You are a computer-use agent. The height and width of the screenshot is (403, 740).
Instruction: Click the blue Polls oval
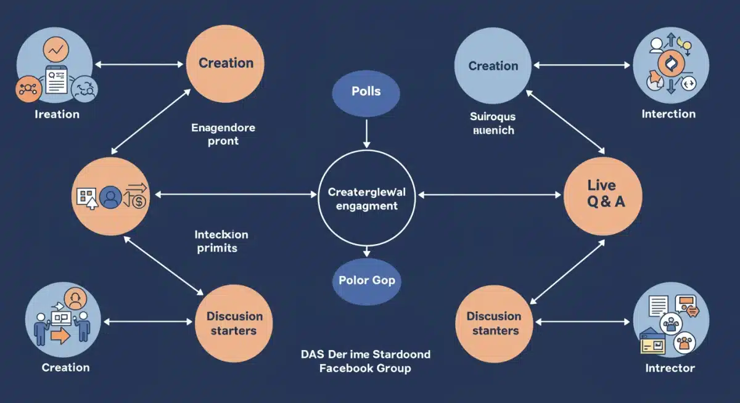pyautogui.click(x=366, y=92)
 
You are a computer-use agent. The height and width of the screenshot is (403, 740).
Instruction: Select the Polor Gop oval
pyautogui.click(x=367, y=280)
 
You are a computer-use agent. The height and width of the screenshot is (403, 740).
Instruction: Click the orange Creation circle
pyautogui.click(x=225, y=63)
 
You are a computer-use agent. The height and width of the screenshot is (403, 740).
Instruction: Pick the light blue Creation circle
pyautogui.click(x=493, y=65)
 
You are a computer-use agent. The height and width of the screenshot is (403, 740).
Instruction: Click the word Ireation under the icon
pyautogui.click(x=57, y=114)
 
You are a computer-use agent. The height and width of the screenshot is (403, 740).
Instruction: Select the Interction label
pyautogui.click(x=668, y=114)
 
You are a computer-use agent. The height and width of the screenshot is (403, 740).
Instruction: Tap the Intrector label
pyautogui.click(x=670, y=368)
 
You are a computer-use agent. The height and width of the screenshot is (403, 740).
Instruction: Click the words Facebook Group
pyautogui.click(x=365, y=368)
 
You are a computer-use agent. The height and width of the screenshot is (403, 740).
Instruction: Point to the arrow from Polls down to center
pyautogui.click(x=366, y=132)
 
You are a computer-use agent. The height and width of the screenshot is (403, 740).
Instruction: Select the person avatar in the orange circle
pyautogui.click(x=111, y=198)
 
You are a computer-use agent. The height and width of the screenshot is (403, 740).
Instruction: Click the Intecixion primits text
pyautogui.click(x=221, y=241)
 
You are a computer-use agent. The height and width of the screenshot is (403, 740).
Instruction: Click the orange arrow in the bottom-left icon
pyautogui.click(x=61, y=336)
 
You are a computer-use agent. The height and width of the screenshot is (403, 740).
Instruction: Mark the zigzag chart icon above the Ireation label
pyautogui.click(x=59, y=48)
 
